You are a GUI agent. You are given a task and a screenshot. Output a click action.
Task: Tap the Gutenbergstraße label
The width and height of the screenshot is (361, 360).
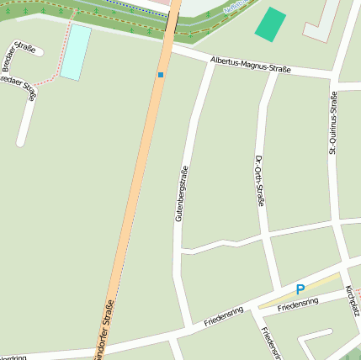click(x=179, y=194)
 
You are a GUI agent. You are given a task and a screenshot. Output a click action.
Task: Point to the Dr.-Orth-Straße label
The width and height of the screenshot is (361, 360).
click(x=259, y=180)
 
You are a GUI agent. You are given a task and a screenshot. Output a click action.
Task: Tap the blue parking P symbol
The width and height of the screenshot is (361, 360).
click(x=300, y=289)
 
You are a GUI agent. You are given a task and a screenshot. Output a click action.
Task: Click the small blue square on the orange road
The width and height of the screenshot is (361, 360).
click(x=161, y=75)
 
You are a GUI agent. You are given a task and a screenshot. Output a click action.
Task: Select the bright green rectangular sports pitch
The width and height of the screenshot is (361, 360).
click(x=270, y=25)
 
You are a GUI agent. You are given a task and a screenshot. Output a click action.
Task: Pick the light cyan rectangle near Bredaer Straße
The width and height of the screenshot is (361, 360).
click(x=76, y=51)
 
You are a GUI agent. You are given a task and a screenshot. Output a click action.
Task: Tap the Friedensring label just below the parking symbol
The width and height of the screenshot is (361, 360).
click(x=298, y=303)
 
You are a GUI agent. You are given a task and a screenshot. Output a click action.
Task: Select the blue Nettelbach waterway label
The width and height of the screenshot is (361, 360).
click(x=239, y=5)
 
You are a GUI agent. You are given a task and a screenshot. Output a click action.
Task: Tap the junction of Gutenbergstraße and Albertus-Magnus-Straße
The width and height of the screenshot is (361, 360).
click(x=209, y=61)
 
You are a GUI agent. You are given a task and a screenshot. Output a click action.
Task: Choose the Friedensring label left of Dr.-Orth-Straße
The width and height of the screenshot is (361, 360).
click(x=223, y=316)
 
